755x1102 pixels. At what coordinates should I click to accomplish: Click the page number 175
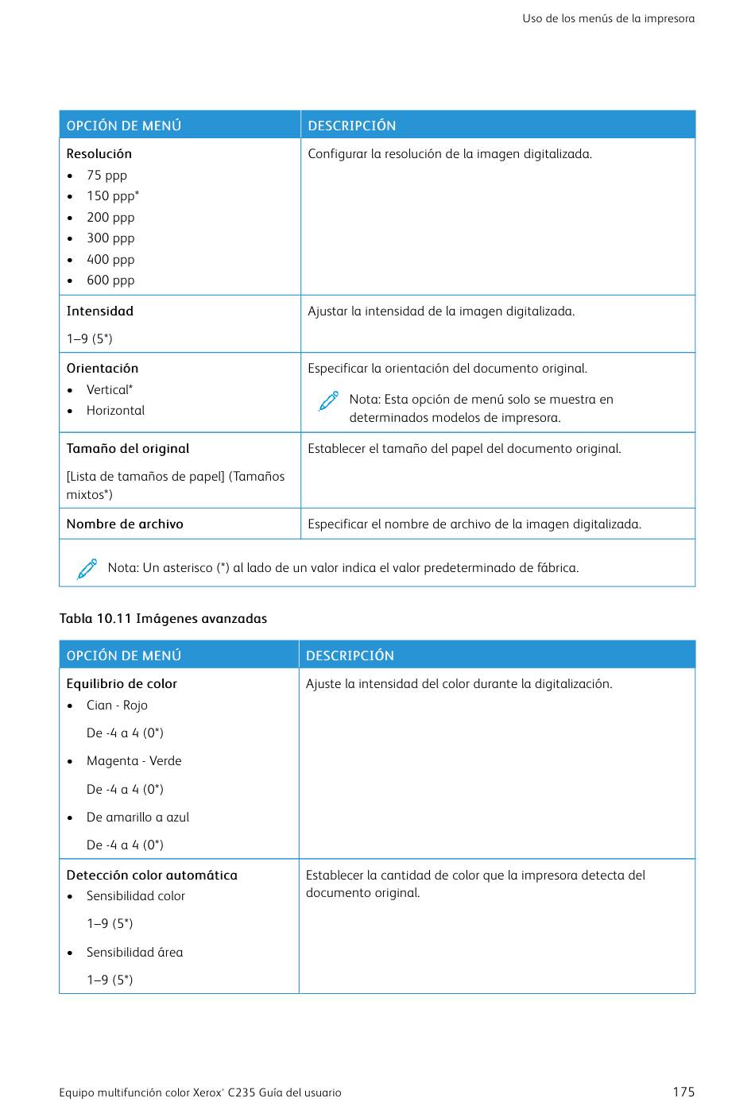pyautogui.click(x=683, y=1092)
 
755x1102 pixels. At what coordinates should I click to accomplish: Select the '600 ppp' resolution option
pyautogui.click(x=110, y=280)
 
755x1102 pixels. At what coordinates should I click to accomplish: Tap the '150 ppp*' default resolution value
pyautogui.click(x=113, y=196)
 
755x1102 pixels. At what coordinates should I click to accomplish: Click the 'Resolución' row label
pyautogui.click(x=99, y=154)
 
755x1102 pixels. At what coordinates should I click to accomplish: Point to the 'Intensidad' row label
pyautogui.click(x=100, y=311)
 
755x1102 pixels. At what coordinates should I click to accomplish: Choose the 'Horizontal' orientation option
pyautogui.click(x=115, y=411)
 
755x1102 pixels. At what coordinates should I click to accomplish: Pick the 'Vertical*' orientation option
pyautogui.click(x=110, y=390)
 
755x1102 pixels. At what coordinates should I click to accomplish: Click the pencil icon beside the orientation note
pyautogui.click(x=328, y=401)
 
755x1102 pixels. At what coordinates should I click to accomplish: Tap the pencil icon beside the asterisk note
pyautogui.click(x=87, y=569)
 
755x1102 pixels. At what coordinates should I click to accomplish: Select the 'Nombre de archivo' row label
pyautogui.click(x=125, y=524)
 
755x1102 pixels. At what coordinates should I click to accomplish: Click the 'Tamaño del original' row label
pyautogui.click(x=128, y=449)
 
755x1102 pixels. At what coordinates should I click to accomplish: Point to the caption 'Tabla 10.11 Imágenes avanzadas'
pyautogui.click(x=163, y=619)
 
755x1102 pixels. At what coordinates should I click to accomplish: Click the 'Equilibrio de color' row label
pyautogui.click(x=122, y=684)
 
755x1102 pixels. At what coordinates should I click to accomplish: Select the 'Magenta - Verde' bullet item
pyautogui.click(x=134, y=761)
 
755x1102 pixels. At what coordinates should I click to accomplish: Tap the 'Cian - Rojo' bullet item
pyautogui.click(x=117, y=706)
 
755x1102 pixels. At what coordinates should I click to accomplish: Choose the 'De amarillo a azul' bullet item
pyautogui.click(x=137, y=818)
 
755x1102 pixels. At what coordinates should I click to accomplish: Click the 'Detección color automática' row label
pyautogui.click(x=152, y=876)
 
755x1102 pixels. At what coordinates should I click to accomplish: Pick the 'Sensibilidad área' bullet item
pyautogui.click(x=134, y=953)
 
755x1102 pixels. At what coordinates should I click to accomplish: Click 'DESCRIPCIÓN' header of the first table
pyautogui.click(x=352, y=126)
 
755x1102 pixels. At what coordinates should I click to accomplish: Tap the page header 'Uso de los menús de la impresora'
pyautogui.click(x=608, y=18)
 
